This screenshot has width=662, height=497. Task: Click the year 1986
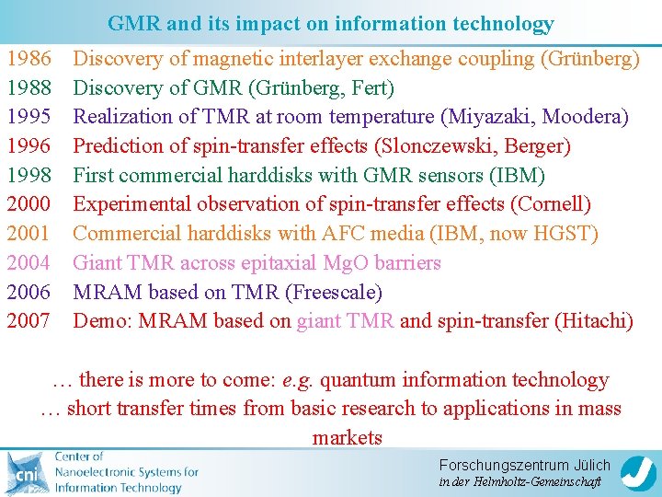point(29,60)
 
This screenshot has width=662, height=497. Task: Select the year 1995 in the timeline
point(29,118)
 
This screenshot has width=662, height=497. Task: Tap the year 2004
point(29,263)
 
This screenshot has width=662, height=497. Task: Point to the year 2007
point(29,321)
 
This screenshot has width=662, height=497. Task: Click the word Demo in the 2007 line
point(96,321)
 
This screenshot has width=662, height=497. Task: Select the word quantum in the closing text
point(359,380)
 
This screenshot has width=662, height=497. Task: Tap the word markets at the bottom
point(348,438)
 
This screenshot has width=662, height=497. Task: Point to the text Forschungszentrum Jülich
point(524,465)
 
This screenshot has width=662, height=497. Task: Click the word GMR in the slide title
point(131,24)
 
